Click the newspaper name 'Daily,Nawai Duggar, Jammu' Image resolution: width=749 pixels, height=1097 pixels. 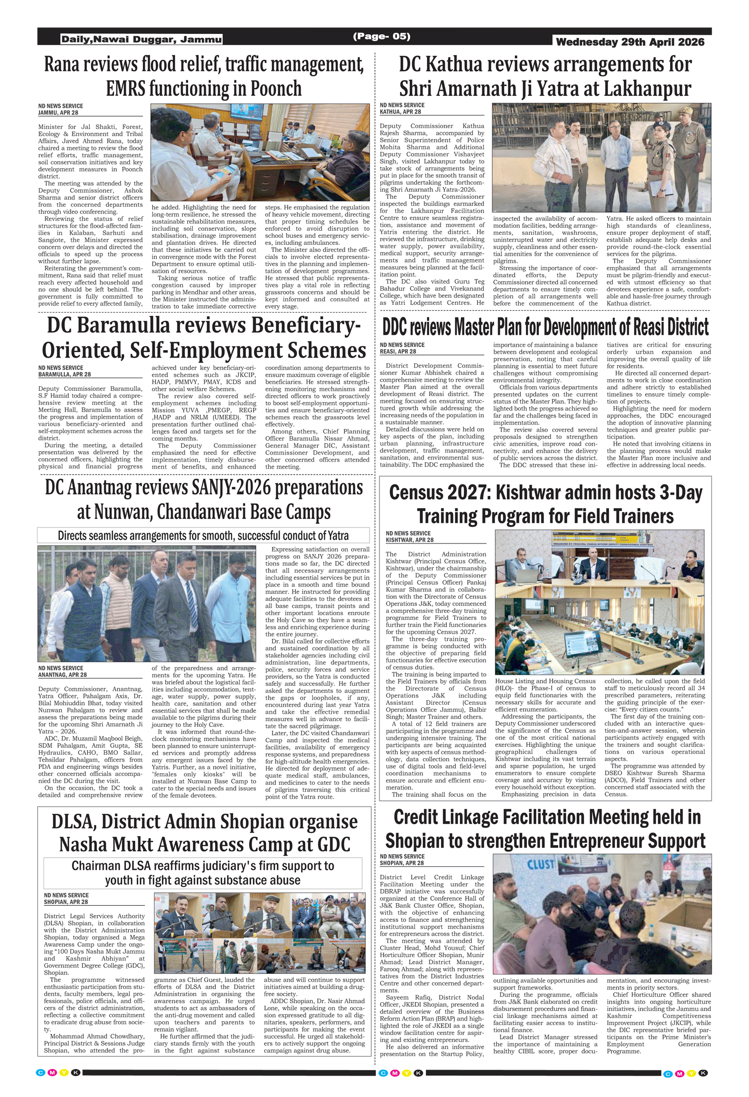coord(141,39)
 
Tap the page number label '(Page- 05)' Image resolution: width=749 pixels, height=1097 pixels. coord(381,36)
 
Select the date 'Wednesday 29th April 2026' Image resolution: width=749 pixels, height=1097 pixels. coord(630,42)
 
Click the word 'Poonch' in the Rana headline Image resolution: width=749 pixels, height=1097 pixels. coord(276,89)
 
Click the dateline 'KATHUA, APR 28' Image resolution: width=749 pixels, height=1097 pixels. coord(400,112)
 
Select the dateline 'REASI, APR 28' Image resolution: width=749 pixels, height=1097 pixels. coord(398,352)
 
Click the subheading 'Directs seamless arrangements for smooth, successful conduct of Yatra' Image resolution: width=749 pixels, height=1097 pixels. coord(203,536)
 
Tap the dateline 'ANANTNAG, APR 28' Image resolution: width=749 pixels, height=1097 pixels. coord(62,675)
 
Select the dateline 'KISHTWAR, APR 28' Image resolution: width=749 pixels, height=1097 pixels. coord(409,540)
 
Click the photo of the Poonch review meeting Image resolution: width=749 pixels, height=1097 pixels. coord(260,152)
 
